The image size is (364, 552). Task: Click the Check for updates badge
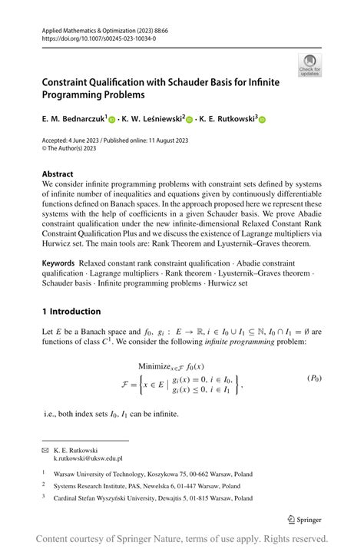pyautogui.click(x=310, y=64)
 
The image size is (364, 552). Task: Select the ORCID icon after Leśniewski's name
pyautogui.click(x=190, y=120)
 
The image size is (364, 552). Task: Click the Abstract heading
pyautogui.click(x=58, y=174)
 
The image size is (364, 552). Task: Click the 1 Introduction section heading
pyautogui.click(x=71, y=312)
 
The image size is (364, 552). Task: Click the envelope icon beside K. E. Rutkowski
pyautogui.click(x=45, y=450)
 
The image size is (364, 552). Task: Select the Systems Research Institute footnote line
pyautogui.click(x=147, y=486)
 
